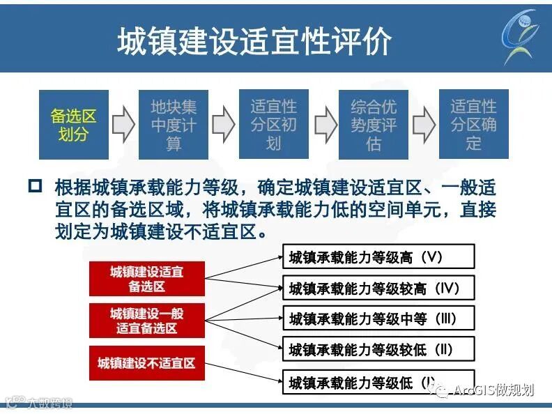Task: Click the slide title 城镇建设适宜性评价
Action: (254, 41)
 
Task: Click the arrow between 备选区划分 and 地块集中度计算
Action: (123, 124)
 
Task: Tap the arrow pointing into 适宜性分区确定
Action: (424, 124)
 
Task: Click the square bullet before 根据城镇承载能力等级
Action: (36, 187)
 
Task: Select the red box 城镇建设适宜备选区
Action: (146, 278)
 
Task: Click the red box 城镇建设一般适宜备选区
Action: (146, 321)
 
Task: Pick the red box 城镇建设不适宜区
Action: (146, 362)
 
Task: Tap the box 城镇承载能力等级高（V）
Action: (377, 256)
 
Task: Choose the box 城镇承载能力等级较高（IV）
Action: (377, 287)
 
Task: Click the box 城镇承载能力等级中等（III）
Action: (377, 319)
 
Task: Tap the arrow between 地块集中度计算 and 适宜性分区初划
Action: (224, 124)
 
